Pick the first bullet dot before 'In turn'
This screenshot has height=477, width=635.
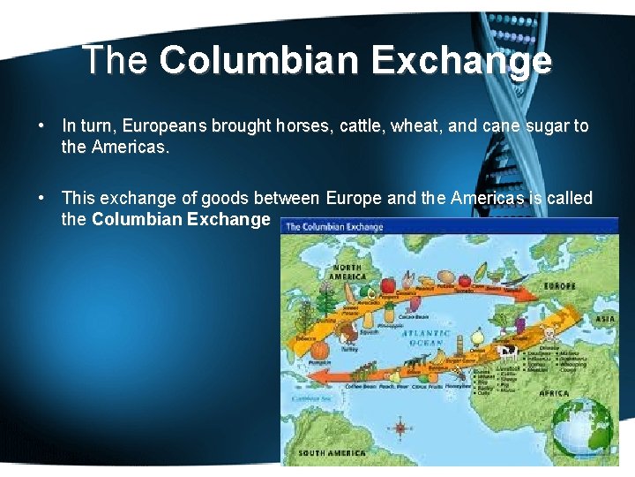tap(41, 126)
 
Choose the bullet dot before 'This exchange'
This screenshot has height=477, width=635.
tap(41, 199)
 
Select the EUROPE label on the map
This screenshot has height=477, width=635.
tap(559, 286)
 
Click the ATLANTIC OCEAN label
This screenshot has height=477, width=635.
tap(427, 337)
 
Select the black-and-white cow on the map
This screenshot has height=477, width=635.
tap(507, 352)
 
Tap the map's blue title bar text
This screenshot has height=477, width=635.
tap(333, 227)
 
